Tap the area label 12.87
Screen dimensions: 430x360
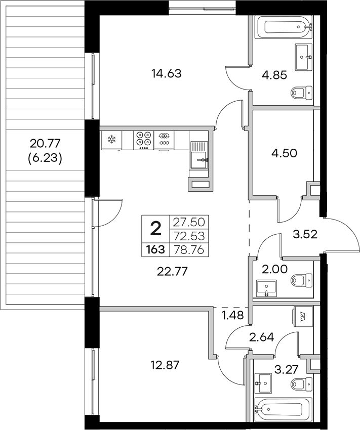click(x=166, y=364)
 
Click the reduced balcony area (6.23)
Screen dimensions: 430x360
click(x=45, y=159)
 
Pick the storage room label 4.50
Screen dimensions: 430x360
click(x=280, y=152)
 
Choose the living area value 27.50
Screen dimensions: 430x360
click(x=190, y=222)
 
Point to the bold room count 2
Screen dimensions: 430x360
click(x=156, y=228)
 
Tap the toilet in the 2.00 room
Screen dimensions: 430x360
click(x=302, y=279)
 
